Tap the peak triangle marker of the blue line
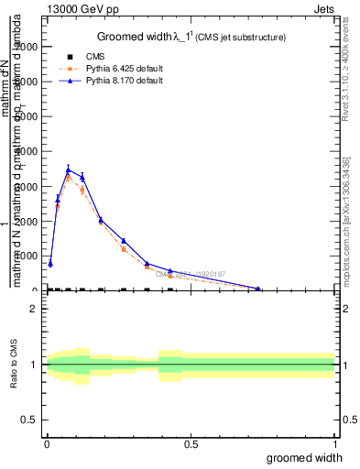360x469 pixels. (69, 169)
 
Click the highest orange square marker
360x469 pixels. (69, 177)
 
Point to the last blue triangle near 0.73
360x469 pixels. (258, 288)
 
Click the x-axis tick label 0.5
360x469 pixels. (191, 444)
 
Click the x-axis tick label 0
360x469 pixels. (47, 444)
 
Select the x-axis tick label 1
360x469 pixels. (334, 444)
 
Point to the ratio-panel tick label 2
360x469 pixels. (34, 309)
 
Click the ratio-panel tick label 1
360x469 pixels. (34, 365)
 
